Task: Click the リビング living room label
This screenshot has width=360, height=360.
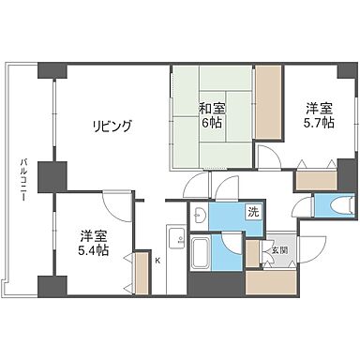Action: pos(112,126)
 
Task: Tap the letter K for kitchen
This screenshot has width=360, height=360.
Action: pos(157,260)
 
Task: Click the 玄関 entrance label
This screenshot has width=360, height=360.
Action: pos(279,249)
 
